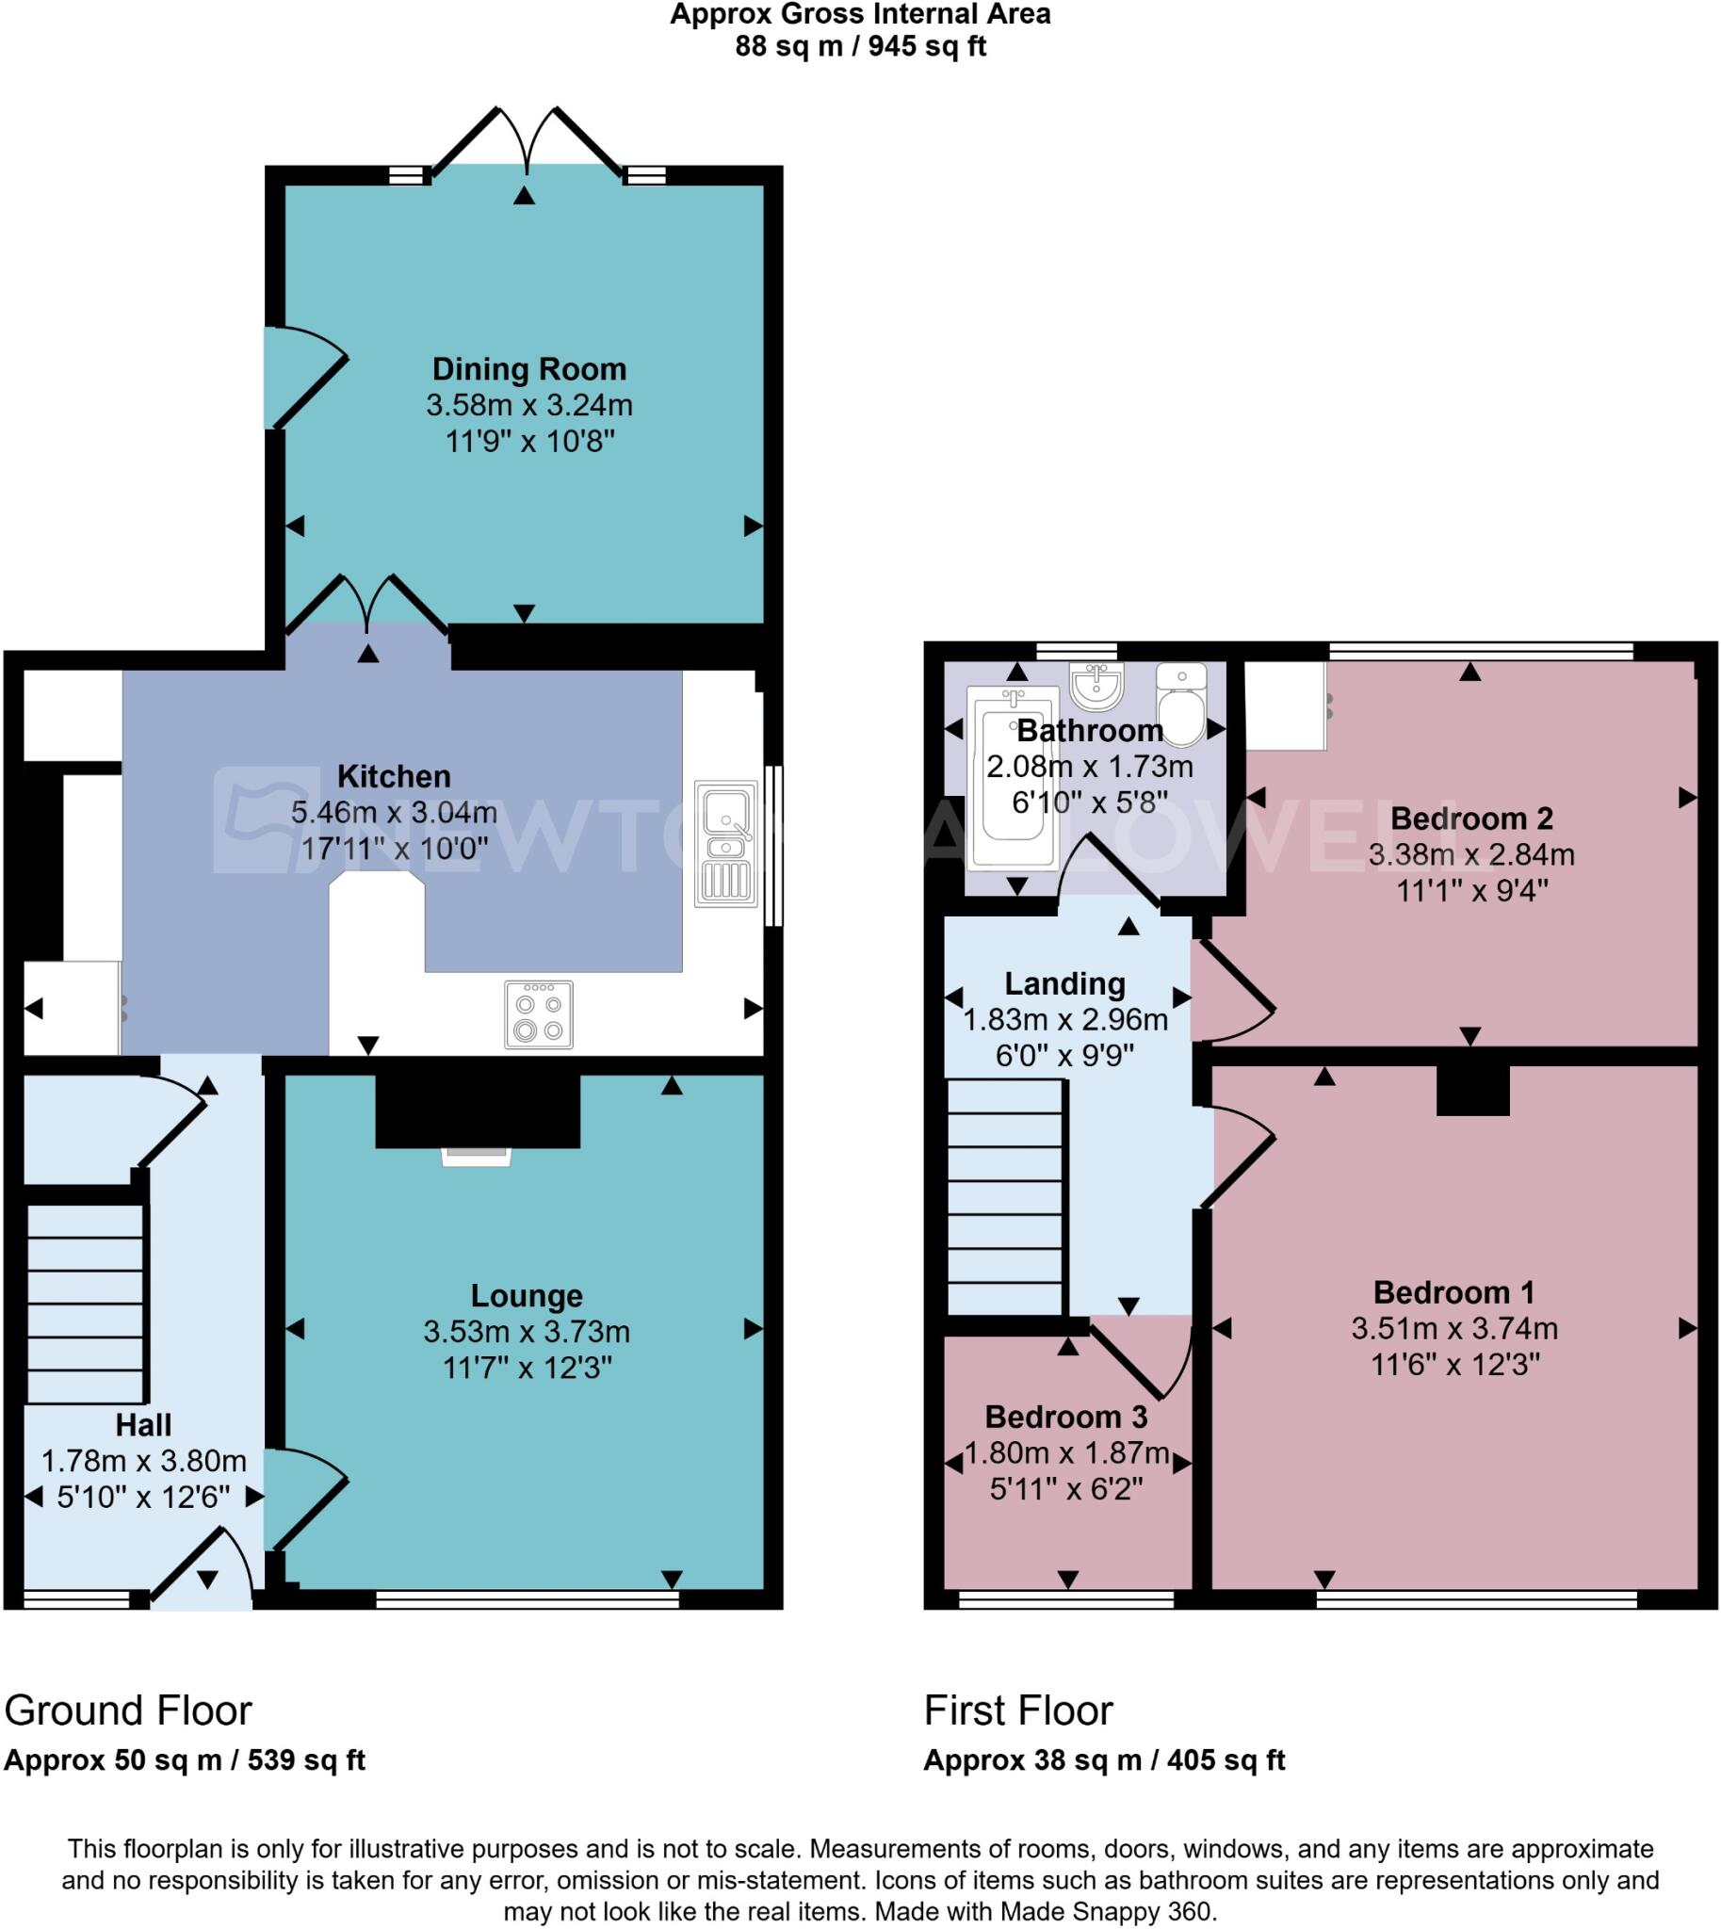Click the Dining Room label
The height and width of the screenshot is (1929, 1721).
[528, 369]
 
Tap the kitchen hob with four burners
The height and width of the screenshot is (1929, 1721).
[538, 1014]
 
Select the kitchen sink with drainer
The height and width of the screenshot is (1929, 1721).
[725, 843]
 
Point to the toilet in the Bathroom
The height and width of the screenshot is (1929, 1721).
[1181, 705]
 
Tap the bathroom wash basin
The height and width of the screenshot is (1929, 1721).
[1096, 686]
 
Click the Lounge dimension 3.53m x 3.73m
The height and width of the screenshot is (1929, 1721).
[527, 1332]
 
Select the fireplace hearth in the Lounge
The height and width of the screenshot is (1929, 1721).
[477, 1157]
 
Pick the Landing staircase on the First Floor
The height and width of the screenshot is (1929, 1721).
[1004, 1196]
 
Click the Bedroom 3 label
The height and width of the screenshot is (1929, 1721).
[1065, 1417]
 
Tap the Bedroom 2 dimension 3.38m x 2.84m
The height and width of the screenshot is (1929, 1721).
[1471, 855]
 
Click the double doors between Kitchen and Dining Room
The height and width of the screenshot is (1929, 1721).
[366, 606]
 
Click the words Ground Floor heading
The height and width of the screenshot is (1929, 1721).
[128, 1710]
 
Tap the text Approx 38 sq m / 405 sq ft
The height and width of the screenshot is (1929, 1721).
[1103, 1760]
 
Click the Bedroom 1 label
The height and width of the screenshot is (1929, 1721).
[1453, 1291]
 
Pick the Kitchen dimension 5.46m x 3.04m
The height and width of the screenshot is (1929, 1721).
[394, 812]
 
